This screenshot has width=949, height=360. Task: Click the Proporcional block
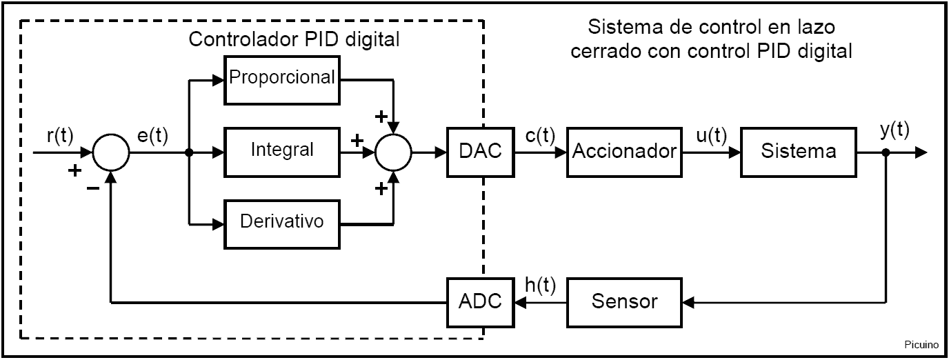coord(282,77)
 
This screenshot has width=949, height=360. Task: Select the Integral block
coord(282,149)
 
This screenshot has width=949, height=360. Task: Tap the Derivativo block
coord(282,222)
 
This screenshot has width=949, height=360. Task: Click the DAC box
coord(480,151)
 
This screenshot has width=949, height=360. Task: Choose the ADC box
coord(480,302)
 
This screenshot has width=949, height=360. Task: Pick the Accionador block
coord(623,151)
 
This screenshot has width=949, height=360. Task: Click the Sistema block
coord(799,151)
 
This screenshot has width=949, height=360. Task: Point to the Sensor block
coord(623,302)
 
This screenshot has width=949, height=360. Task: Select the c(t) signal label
coord(541,135)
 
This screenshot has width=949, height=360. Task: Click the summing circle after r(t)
coord(110,152)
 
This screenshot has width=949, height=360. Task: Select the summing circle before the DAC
coord(393,152)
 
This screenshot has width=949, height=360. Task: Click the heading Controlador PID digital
coord(294,39)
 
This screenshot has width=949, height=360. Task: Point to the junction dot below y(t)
coord(886,152)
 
